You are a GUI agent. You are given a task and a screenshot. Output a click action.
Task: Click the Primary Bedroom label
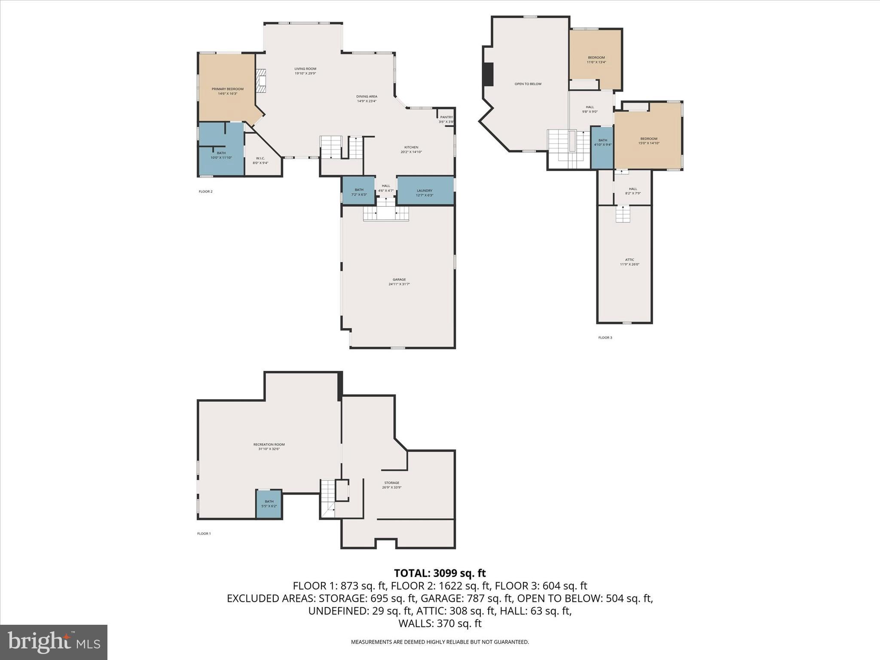(x=227, y=89)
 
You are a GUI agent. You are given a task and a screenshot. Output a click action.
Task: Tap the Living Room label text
(x=305, y=69)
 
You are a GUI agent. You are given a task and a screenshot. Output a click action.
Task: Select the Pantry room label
(x=446, y=117)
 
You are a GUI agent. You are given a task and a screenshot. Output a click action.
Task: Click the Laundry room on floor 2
(x=425, y=191)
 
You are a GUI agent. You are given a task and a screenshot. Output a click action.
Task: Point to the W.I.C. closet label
(x=260, y=159)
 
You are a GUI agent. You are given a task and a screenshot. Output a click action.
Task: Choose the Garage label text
(x=399, y=280)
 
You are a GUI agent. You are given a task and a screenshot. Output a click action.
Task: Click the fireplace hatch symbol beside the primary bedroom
(x=261, y=81)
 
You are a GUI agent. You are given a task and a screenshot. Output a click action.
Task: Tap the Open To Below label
(x=528, y=84)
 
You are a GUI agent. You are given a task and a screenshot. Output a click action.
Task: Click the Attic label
(x=629, y=260)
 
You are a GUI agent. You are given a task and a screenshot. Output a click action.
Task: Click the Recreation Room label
(x=269, y=445)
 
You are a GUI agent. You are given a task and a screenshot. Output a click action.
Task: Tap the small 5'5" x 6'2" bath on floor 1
(x=269, y=504)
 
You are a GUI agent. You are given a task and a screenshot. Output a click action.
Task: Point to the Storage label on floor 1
(x=391, y=483)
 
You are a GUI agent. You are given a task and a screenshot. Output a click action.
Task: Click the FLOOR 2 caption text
(x=205, y=192)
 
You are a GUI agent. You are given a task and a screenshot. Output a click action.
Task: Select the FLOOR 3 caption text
(x=605, y=338)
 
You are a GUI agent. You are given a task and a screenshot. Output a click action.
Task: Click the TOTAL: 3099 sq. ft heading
(x=440, y=573)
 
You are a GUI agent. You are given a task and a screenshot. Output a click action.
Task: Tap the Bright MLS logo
(x=54, y=642)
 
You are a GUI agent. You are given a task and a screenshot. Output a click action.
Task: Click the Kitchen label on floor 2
(x=411, y=147)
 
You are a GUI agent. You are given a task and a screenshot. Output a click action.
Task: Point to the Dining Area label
(x=367, y=97)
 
